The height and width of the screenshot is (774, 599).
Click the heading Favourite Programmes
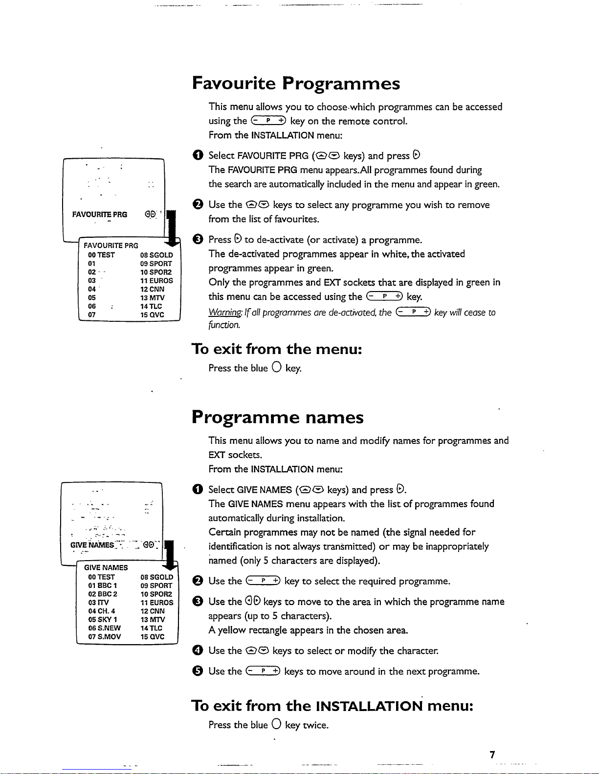point(296,84)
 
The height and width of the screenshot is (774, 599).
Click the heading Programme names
point(278,418)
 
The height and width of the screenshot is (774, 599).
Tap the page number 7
point(492,754)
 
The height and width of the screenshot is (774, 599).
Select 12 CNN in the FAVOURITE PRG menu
point(152,289)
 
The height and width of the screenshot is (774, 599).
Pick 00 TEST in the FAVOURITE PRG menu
point(101,255)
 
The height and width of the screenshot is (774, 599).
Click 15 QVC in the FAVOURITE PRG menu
point(152,315)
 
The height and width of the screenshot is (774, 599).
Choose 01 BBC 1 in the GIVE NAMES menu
point(102,586)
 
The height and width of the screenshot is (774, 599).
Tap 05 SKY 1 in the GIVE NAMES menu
point(102,620)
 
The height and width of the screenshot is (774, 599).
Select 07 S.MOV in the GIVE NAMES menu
point(104,637)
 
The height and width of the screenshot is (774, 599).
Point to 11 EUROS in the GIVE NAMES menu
point(156,603)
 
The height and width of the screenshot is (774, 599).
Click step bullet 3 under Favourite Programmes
point(197,239)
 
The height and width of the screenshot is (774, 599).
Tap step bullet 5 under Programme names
point(197,671)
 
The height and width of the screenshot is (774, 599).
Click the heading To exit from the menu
point(277,349)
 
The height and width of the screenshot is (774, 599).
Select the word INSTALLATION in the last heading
point(369,706)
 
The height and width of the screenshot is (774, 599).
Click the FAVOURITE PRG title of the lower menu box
point(111,246)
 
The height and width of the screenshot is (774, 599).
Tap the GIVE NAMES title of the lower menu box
point(106,567)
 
